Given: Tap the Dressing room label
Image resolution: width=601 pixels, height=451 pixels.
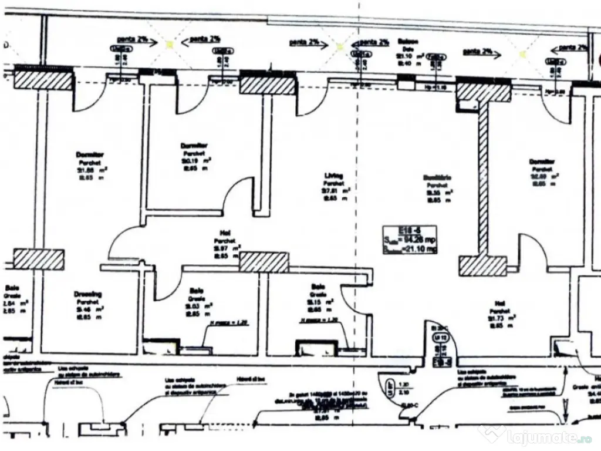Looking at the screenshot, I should (88, 294).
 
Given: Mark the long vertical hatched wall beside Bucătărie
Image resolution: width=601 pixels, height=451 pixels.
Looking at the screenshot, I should (482, 179).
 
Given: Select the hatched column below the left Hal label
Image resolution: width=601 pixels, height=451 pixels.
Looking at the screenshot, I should (264, 262).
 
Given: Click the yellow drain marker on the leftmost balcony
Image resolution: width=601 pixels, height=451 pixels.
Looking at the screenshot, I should (170, 42).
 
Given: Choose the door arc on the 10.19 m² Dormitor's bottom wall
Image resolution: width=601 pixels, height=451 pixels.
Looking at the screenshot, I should (238, 194).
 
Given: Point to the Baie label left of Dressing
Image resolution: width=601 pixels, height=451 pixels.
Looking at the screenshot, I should (12, 288).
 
